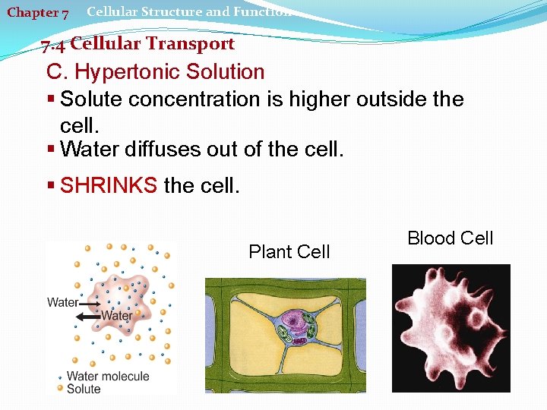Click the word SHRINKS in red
pyautogui.click(x=109, y=185)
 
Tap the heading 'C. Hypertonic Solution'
pyautogui.click(x=155, y=73)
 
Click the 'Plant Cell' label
pyautogui.click(x=289, y=252)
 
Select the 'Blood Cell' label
pyautogui.click(x=451, y=238)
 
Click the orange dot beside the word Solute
pyautogui.click(x=61, y=388)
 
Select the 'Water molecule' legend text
pyautogui.click(x=108, y=377)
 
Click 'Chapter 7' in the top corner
pyautogui.click(x=38, y=13)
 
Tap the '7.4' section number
pyautogui.click(x=54, y=46)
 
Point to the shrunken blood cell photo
pyautogui.click(x=451, y=328)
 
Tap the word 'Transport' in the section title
pyautogui.click(x=190, y=44)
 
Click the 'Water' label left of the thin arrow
pyautogui.click(x=62, y=302)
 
